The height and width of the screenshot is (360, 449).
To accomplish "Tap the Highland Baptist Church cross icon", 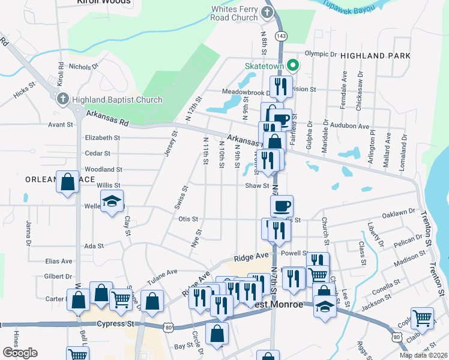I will pos(62,100).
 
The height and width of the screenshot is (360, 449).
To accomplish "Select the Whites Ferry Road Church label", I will pos(234,13).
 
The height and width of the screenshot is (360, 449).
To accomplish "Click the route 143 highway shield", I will pos(280,36).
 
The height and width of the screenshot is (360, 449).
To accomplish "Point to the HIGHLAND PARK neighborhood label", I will pos(375,55).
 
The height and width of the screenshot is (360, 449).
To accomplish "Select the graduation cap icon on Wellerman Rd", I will pos(112,203).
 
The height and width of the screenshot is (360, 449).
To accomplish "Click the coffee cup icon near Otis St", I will pos(282,206).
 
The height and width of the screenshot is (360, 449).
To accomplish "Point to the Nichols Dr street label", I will pos(83,67).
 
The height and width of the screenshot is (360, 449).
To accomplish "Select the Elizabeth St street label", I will pos(103,137).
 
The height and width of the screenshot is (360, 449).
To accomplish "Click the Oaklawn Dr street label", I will pos(399,212).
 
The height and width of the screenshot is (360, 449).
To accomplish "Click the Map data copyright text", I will pos(423,355).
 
